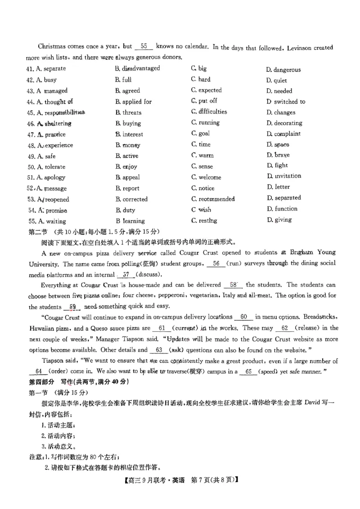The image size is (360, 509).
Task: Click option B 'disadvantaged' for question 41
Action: [137, 68]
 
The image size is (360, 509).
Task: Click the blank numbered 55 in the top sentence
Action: [144, 46]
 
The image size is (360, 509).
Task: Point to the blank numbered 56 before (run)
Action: [216, 264]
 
